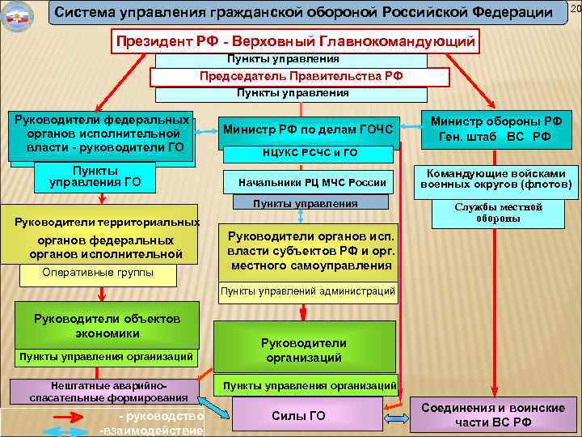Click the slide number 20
point(575,8)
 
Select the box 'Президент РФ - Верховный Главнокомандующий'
point(297,40)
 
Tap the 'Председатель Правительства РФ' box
point(302,77)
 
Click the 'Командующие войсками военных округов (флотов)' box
point(496,180)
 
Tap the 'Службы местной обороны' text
point(498,213)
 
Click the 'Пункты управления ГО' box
point(95,176)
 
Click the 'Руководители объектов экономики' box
point(108,325)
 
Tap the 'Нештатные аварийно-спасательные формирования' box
point(108,391)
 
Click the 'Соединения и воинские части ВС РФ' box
point(493,415)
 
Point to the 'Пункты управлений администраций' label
point(309,291)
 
